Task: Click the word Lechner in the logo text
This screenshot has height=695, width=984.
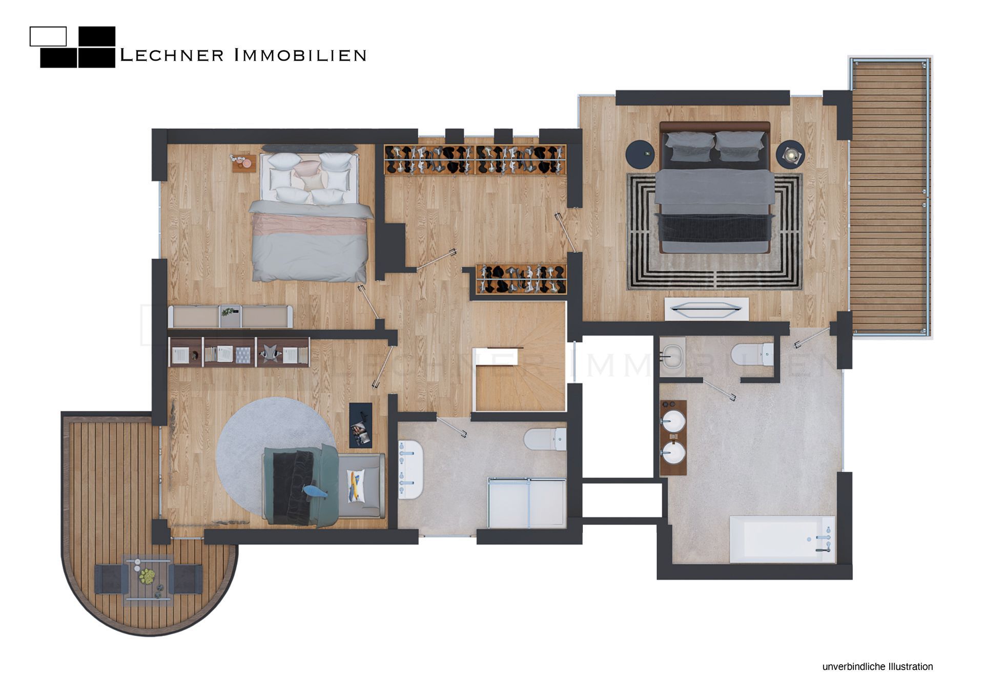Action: click(x=172, y=55)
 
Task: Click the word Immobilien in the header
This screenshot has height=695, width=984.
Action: click(x=300, y=55)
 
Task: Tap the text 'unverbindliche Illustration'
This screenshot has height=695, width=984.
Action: click(x=877, y=666)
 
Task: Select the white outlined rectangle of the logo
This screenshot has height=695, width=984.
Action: click(x=48, y=36)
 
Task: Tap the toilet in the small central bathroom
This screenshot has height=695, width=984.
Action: click(x=545, y=439)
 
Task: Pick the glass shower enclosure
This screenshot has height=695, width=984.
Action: click(x=527, y=503)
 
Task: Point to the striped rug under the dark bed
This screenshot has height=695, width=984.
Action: click(x=714, y=232)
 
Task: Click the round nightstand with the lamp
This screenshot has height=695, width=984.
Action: click(x=790, y=154)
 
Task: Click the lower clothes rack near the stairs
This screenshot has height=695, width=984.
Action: click(x=521, y=279)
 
